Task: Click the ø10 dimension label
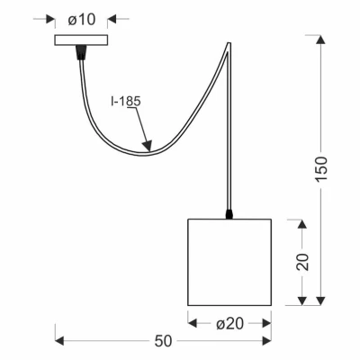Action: [81, 20]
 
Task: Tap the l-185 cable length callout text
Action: [126, 102]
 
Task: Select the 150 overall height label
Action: [320, 168]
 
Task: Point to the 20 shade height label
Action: [302, 262]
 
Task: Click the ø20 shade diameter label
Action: [229, 324]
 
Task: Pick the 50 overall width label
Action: [164, 341]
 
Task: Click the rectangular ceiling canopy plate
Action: [81, 40]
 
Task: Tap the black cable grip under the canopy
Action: [81, 52]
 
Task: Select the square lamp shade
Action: [229, 262]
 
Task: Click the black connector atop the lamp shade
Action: [229, 214]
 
